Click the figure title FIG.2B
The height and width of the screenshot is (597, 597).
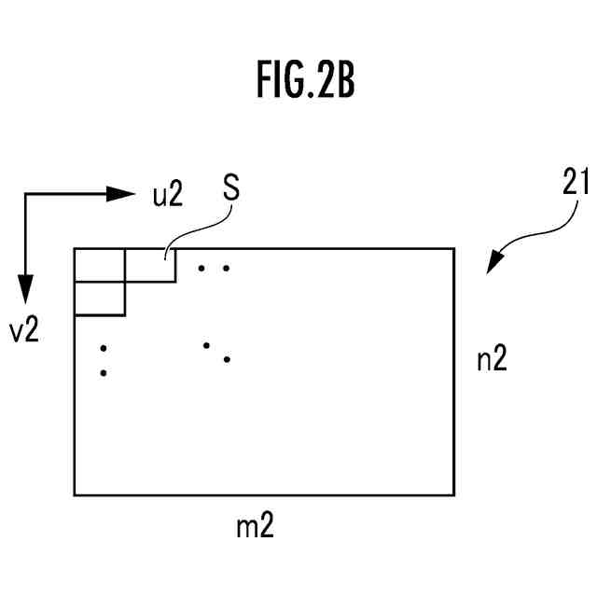(305, 82)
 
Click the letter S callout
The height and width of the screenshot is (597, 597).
(230, 187)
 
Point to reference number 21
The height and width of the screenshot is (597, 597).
(575, 183)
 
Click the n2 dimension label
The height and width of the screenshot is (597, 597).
(492, 360)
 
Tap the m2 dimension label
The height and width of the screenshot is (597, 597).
(255, 527)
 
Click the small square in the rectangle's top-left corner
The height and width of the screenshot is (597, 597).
(100, 265)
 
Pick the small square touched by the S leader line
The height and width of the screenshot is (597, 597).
(150, 265)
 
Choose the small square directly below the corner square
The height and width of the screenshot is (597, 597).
(100, 298)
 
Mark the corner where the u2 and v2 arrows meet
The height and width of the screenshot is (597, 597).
(26, 194)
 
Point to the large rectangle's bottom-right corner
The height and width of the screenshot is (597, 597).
(454, 494)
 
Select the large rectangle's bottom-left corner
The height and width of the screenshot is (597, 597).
(75, 494)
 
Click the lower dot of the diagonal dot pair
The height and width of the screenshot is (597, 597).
(227, 359)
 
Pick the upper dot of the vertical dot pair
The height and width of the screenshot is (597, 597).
(104, 349)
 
